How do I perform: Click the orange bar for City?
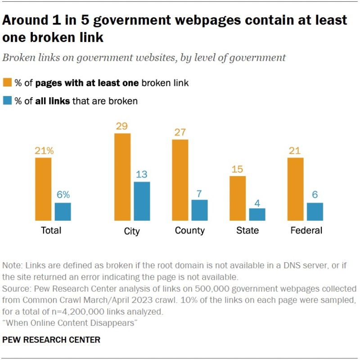pyautogui.click(x=122, y=177)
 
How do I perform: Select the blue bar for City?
pyautogui.click(x=142, y=201)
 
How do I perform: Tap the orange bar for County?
pyautogui.click(x=180, y=180)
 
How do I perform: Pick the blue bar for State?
pyautogui.click(x=257, y=214)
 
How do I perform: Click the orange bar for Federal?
pyautogui.click(x=295, y=189)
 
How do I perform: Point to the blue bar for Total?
pyautogui.click(x=63, y=211)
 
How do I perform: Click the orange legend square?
pyautogui.click(x=8, y=82)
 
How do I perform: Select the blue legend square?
pyautogui.click(x=8, y=101)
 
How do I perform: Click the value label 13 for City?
pyautogui.click(x=142, y=174)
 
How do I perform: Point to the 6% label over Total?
pyautogui.click(x=63, y=195)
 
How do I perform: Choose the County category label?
pyautogui.click(x=189, y=230)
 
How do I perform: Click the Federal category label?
pyautogui.click(x=306, y=230)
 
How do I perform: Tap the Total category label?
pyautogui.click(x=51, y=230)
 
